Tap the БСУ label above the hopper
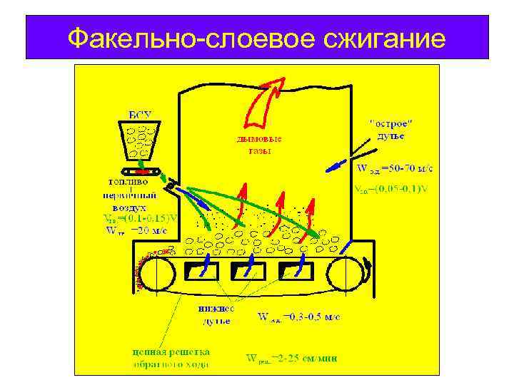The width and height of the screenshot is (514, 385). coord(139,115)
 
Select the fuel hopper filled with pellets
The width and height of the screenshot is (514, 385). coord(140,143)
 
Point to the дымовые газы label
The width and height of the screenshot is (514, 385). coord(258,145)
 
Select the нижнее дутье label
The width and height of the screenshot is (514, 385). coord(214,315)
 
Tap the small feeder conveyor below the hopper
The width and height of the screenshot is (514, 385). coord(142,172)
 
